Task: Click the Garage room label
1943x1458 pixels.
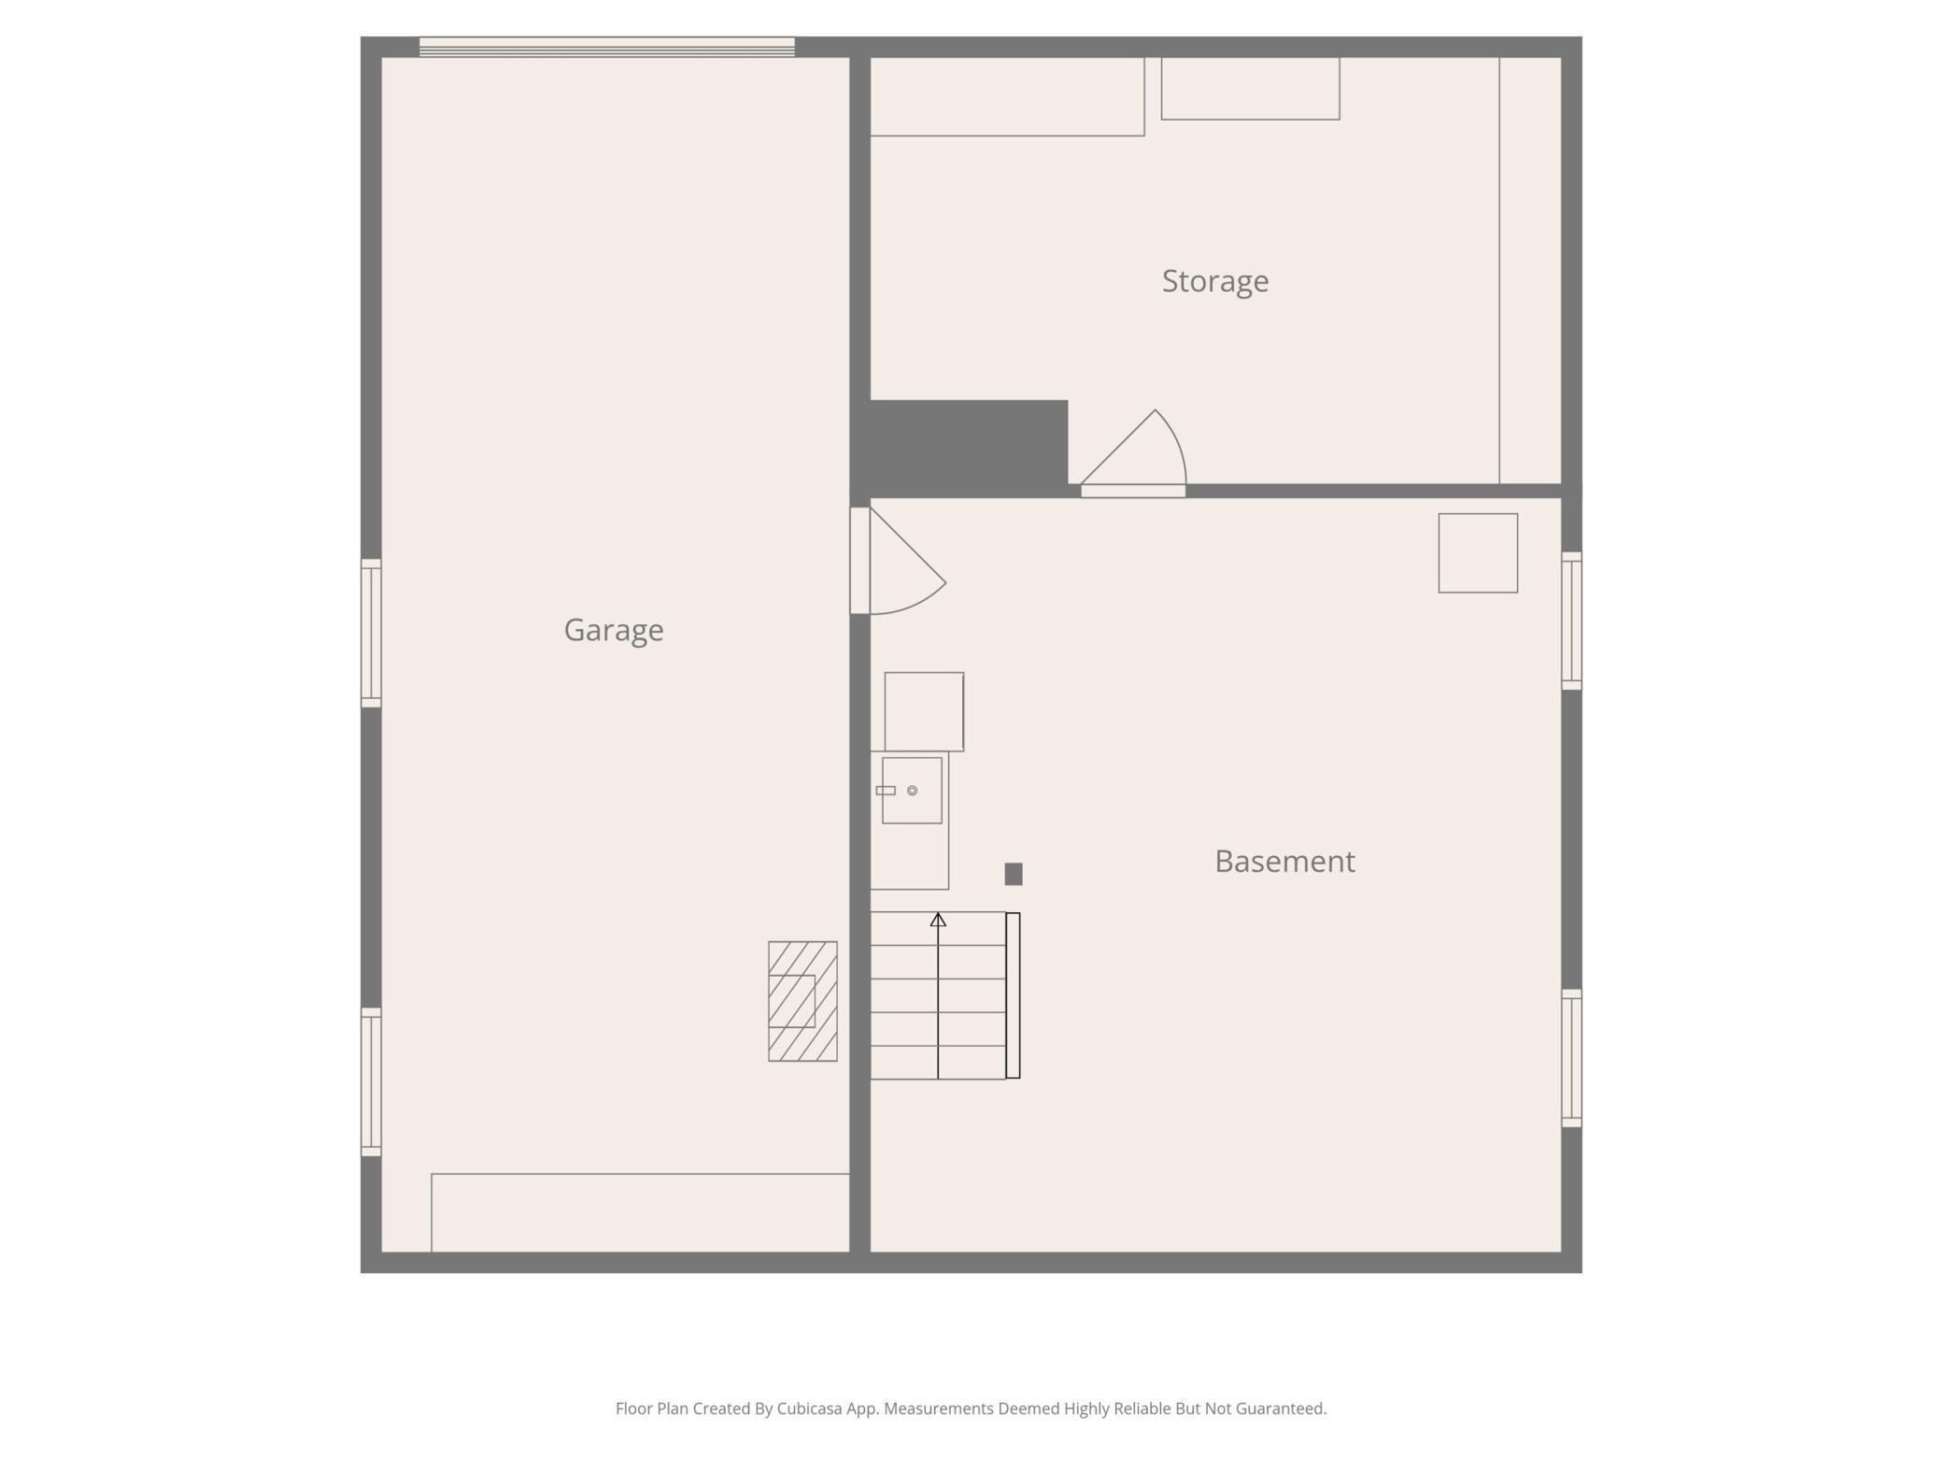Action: (613, 630)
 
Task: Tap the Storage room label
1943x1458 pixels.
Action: (1214, 280)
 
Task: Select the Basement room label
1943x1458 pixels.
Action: (1284, 861)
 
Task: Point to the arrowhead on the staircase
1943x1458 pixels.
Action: (938, 921)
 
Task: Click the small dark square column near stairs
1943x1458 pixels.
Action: (1013, 874)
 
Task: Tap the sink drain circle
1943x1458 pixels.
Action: (912, 791)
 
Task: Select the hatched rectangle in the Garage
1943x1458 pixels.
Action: (802, 1001)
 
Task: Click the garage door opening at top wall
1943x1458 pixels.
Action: (606, 47)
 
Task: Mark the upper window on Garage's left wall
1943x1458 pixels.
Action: (371, 633)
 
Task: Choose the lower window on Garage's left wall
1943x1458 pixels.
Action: (371, 1081)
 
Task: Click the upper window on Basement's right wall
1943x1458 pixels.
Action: (1571, 621)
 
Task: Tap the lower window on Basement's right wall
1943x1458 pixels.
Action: (1571, 1058)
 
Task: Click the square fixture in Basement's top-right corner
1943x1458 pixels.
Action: (1477, 552)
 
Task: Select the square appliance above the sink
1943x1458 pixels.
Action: (924, 711)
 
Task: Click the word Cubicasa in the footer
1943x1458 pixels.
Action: (809, 1408)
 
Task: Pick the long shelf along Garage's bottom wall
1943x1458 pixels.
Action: (640, 1212)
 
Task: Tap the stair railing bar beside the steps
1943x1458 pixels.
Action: (1013, 995)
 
